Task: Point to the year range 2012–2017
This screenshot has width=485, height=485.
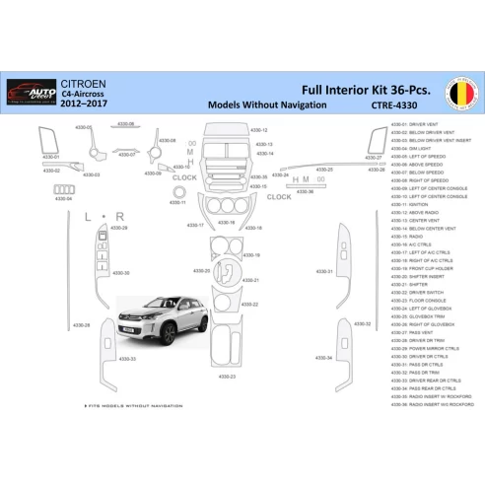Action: point(87,103)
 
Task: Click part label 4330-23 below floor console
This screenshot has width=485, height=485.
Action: point(226,376)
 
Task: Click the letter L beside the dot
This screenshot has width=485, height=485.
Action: point(88,215)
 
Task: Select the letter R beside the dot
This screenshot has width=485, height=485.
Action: point(119,215)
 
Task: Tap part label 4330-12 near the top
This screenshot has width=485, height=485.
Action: point(259,129)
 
